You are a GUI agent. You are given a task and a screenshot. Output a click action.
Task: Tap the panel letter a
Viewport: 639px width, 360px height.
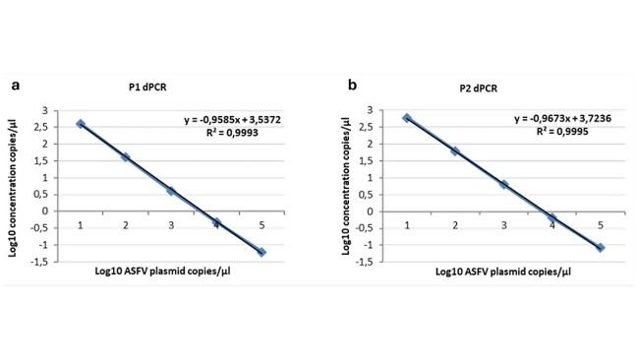16,86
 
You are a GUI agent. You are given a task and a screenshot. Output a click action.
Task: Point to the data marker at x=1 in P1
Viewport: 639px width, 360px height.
81,124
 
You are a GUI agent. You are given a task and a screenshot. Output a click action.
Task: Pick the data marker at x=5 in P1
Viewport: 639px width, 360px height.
261,252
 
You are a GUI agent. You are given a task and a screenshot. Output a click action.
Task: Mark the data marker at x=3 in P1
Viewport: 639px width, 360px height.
171,190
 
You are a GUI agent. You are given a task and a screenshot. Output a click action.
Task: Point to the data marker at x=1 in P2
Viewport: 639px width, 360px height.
407,118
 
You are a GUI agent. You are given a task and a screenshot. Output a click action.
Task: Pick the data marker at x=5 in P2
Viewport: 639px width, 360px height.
601,247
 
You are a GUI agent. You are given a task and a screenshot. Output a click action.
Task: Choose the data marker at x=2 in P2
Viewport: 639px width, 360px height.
455,150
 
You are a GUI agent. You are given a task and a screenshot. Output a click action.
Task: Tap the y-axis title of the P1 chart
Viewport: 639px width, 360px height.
22,185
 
